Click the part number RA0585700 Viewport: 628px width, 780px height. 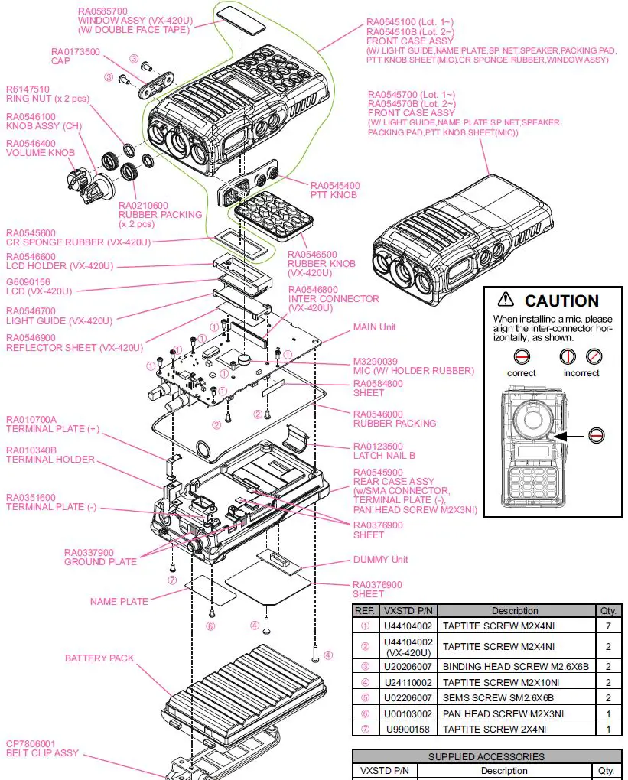click(102, 11)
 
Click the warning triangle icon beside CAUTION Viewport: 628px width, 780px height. click(506, 300)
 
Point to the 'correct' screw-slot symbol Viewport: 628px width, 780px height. click(521, 356)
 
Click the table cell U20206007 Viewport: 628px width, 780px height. click(408, 666)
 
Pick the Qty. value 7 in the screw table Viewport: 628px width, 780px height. click(608, 626)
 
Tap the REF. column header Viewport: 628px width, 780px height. click(363, 610)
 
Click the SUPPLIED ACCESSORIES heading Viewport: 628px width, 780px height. click(486, 756)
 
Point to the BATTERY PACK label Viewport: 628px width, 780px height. click(99, 658)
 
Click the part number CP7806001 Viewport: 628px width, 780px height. click(31, 743)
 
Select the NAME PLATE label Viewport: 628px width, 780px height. click(119, 601)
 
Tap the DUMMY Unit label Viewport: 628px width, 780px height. click(380, 559)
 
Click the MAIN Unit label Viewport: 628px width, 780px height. click(374, 327)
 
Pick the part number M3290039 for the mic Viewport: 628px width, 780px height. click(376, 361)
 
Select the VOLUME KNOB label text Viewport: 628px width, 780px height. click(41, 153)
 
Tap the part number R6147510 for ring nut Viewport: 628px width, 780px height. click(28, 89)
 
